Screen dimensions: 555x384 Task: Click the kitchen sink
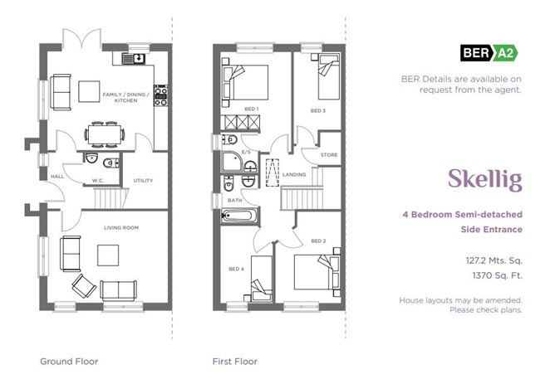[134, 58]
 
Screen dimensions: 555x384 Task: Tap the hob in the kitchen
[160, 95]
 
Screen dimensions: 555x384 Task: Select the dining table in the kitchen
[105, 134]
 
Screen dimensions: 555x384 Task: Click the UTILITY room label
[143, 181]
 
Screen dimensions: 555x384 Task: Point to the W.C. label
[98, 181]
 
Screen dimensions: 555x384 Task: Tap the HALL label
[57, 176]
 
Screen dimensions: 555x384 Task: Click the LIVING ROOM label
[121, 227]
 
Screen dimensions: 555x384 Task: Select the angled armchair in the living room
[84, 285]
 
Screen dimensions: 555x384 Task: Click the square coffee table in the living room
[108, 255]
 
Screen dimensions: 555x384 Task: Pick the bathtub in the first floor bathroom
[240, 216]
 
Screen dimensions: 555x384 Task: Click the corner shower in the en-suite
[232, 163]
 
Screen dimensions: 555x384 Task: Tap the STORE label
[329, 155]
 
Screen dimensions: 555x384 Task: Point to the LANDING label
[294, 174]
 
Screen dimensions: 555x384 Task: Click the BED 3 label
[318, 110]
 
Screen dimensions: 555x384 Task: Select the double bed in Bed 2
[317, 272]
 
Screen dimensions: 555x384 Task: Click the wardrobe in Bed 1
[240, 123]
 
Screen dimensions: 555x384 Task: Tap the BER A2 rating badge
[489, 53]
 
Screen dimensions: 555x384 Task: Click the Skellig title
[485, 179]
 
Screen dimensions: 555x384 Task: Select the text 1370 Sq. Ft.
[498, 275]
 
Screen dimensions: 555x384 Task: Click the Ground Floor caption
[69, 362]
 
